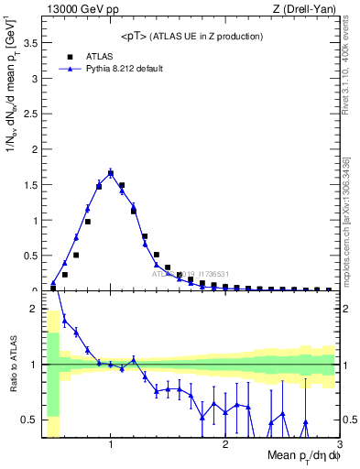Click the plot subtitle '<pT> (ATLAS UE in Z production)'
191,36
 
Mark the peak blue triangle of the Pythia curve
111,171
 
